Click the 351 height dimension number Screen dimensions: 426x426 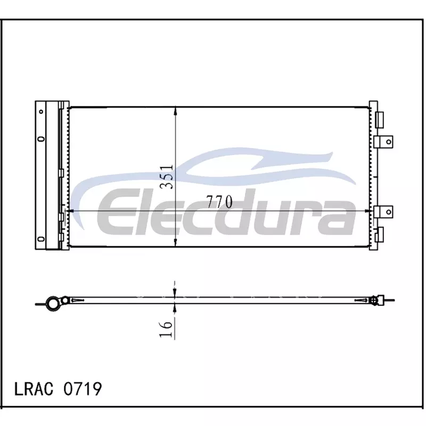point(166,177)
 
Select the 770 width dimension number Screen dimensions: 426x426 point(219,202)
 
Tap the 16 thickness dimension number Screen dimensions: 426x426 point(166,329)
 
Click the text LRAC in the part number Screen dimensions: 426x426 point(34,389)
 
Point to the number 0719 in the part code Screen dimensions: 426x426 point(83,389)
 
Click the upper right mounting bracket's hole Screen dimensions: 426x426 point(389,142)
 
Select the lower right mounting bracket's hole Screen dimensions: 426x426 point(389,211)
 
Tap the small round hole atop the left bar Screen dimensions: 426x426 point(41,111)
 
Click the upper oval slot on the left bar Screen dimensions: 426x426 point(42,139)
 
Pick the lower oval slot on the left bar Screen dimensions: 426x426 point(42,239)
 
